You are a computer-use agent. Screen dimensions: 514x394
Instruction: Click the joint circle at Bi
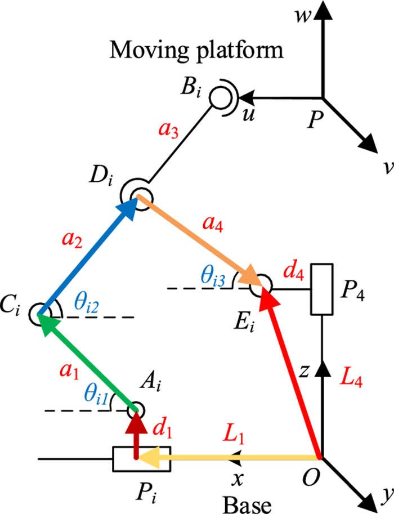[219, 97]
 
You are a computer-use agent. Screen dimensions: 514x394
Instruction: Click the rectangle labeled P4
[321, 289]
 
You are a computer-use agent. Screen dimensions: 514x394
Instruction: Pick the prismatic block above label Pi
[135, 459]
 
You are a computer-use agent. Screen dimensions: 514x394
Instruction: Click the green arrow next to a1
[87, 361]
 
